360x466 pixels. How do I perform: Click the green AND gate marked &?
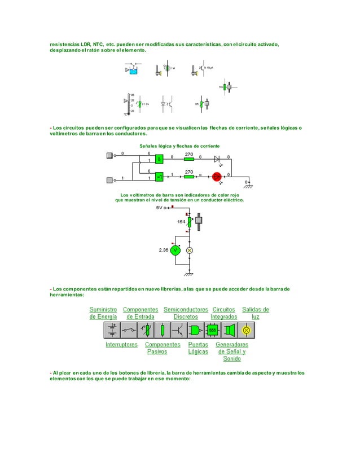160,159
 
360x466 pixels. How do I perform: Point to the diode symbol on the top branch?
217,159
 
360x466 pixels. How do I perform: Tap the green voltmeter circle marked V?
175,250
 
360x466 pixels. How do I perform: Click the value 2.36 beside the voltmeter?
163,249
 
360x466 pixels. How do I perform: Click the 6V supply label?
160,208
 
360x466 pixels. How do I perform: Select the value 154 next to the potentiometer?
181,222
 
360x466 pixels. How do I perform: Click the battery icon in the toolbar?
112,330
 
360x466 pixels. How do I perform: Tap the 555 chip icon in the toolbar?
213,330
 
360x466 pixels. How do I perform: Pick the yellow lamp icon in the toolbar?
246,330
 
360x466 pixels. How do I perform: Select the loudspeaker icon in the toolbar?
230,330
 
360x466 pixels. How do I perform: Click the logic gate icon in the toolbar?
196,330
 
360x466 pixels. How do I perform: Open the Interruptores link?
121,344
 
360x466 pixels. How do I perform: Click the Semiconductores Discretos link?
186,313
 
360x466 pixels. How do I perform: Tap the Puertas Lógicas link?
198,348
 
